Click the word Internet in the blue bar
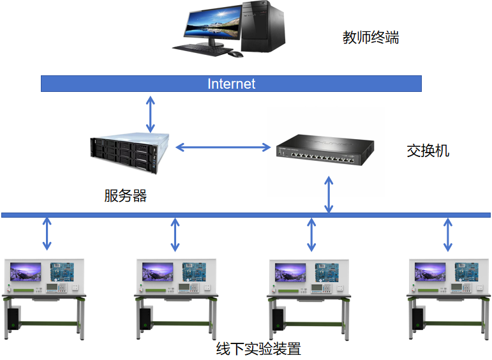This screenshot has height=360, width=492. [231, 84]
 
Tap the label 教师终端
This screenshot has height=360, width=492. [371, 38]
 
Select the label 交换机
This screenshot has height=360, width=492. [428, 151]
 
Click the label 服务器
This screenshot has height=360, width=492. [126, 195]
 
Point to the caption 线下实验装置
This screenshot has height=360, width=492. [258, 349]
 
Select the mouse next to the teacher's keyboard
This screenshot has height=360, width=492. [236, 54]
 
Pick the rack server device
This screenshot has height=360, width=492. [131, 146]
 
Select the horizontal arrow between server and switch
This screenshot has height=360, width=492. [223, 147]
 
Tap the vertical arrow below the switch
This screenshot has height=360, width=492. [329, 195]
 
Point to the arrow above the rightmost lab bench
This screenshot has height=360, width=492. [448, 234]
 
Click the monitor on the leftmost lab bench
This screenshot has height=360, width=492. [25, 272]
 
